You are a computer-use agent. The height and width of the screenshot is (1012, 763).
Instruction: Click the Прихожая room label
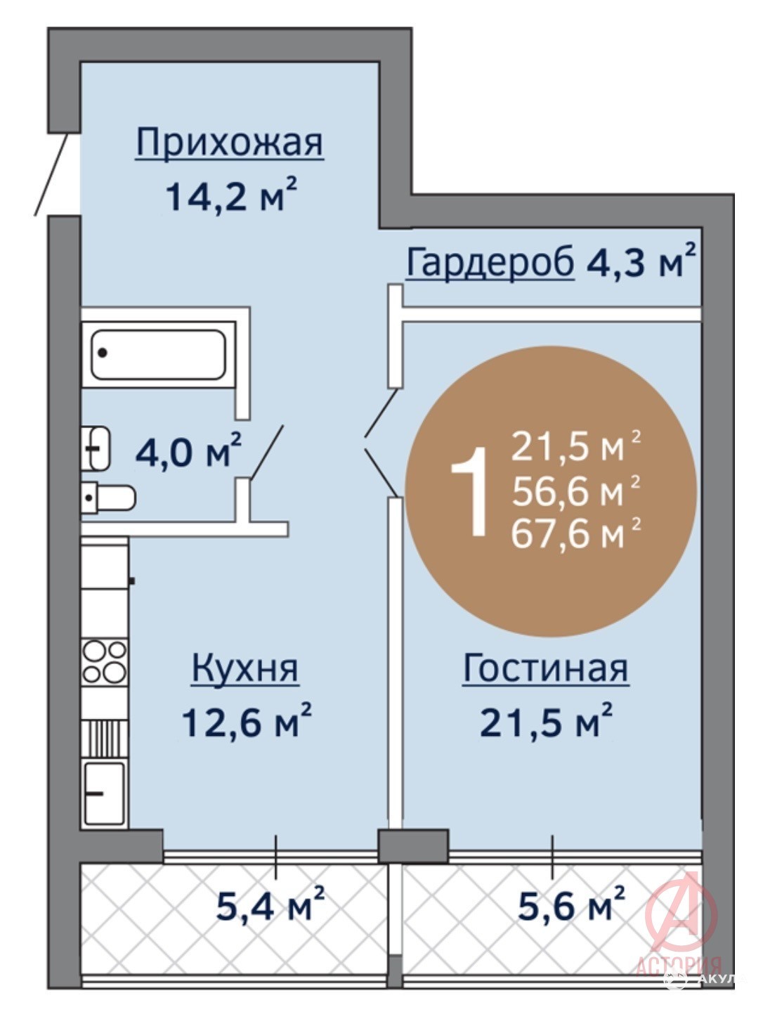click(x=229, y=143)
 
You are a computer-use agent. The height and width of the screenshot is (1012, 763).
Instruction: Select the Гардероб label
click(x=490, y=264)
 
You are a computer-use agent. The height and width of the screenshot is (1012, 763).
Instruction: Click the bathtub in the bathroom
click(x=158, y=355)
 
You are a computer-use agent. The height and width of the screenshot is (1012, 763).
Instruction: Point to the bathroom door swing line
click(x=266, y=450)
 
